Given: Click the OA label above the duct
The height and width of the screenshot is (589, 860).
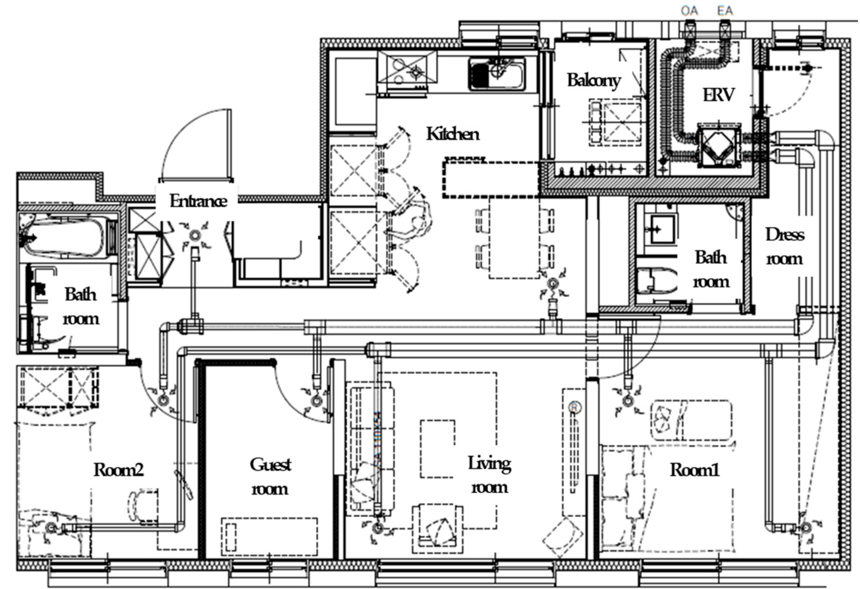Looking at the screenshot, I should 689,11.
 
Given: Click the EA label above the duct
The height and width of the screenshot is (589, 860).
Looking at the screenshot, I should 725,11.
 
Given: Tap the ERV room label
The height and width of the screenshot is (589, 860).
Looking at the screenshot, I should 718,95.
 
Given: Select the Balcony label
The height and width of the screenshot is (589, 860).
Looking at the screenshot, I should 594,80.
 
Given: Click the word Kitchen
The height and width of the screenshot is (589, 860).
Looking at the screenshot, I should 453,134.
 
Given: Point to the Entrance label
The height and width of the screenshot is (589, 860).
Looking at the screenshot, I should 198,201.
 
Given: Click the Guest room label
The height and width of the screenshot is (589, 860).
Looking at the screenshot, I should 270,476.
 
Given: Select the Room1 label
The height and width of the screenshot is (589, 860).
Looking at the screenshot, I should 694,470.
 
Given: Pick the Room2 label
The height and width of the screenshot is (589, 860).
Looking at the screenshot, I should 118,470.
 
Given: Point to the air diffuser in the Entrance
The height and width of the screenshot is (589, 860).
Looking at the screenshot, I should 195,235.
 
